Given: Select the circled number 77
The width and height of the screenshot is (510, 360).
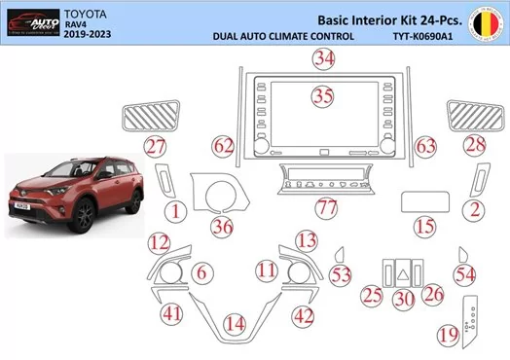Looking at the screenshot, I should [326, 206].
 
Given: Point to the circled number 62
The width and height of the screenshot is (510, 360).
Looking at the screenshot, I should [224, 145].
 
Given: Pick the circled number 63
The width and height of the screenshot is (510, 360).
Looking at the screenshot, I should [425, 145].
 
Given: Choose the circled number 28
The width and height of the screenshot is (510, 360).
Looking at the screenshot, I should [474, 145].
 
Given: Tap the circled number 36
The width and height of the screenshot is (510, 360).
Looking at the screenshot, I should [223, 227].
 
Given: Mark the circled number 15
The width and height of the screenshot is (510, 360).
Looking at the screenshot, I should [423, 227].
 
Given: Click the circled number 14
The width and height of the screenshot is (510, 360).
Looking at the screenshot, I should [234, 323].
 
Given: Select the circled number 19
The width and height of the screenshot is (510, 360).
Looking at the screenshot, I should [448, 335].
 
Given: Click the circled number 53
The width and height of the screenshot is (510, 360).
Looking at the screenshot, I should [340, 275].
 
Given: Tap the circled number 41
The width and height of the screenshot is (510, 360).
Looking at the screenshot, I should [171, 313].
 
